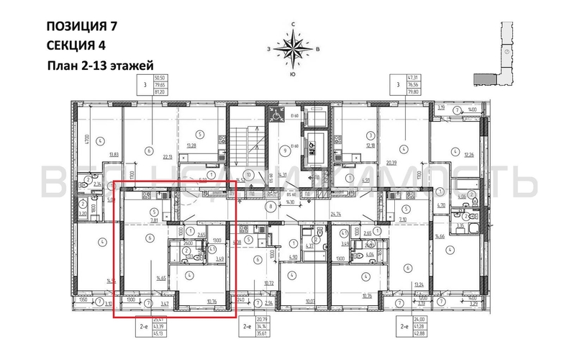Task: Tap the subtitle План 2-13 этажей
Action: (x=101, y=66)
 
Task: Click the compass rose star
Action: (x=293, y=50)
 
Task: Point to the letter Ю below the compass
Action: (x=293, y=75)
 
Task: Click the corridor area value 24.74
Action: (x=336, y=214)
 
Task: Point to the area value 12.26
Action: (x=469, y=155)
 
